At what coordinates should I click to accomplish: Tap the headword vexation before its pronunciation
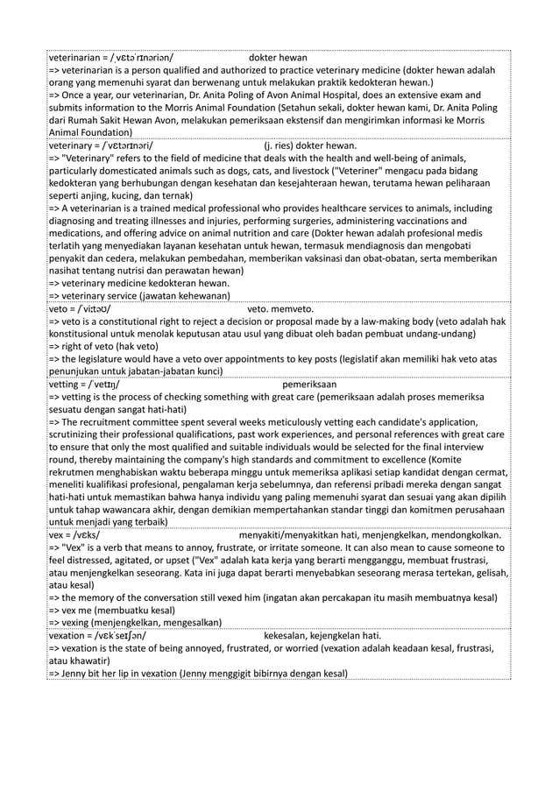[x=71, y=634]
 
